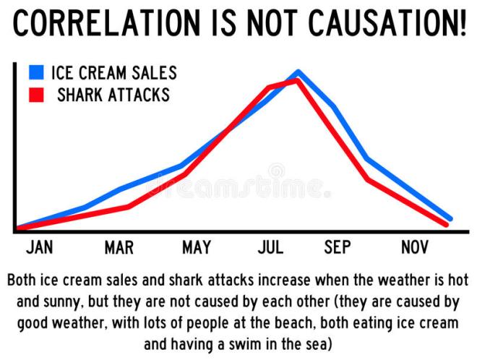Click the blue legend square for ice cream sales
tap(37, 72)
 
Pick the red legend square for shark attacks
tap(37, 95)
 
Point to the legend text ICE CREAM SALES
tap(113, 73)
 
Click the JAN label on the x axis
tap(40, 248)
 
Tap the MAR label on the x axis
tap(119, 248)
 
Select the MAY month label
tap(197, 248)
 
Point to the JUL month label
tap(270, 248)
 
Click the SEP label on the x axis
tap(338, 248)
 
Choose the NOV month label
tap(416, 248)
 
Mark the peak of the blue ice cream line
tap(298, 72)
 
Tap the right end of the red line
tap(446, 225)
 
